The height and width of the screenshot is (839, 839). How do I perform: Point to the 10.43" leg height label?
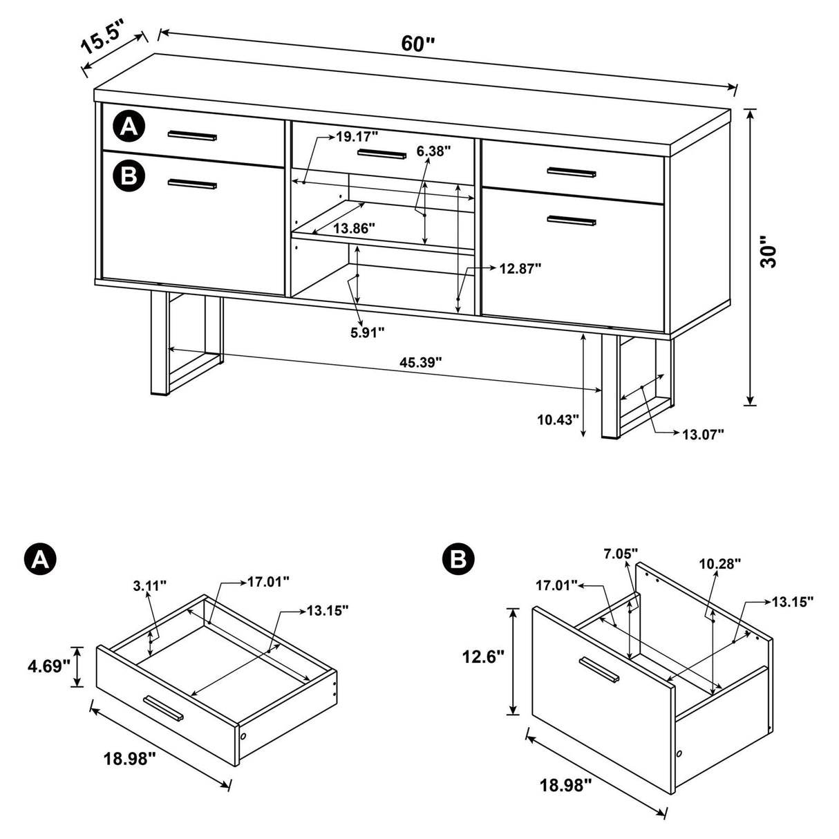557,419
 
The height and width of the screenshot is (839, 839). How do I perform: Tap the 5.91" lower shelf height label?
367,332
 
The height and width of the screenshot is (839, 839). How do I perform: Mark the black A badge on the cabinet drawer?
129,126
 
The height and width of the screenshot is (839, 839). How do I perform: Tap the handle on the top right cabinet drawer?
571,171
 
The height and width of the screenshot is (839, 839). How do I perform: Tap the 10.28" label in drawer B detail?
719,564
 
